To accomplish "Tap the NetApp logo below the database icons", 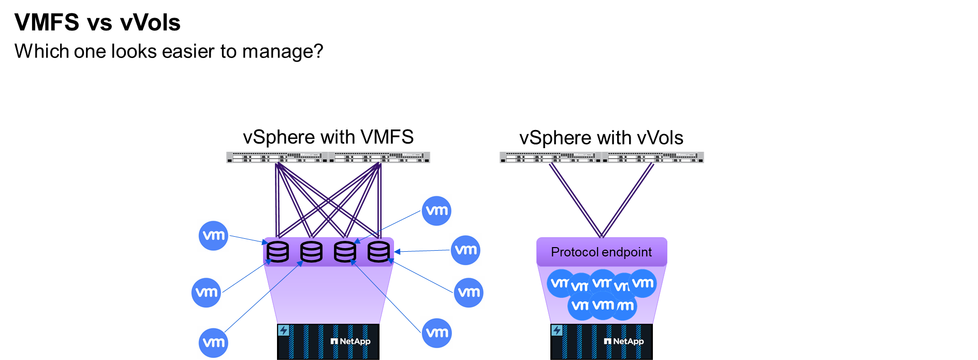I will tap(351, 341).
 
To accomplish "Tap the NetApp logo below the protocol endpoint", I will tap(624, 341).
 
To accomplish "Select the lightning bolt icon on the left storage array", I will tap(284, 330).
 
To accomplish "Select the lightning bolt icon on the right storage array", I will tap(557, 330).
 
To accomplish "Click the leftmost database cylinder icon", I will tap(278, 252).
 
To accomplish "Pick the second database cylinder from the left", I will tap(311, 252).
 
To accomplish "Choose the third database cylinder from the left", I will tap(345, 252).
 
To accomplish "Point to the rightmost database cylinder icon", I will tap(378, 252).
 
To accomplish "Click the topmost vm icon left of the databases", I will tap(213, 235).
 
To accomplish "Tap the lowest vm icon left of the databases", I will tap(213, 342).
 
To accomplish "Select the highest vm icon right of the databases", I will tap(436, 210).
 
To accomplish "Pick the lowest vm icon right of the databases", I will tap(436, 333).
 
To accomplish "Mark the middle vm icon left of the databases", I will tap(206, 292).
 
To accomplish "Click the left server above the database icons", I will tap(277, 157).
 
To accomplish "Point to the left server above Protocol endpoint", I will tap(550, 157).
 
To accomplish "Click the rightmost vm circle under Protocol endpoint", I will tap(643, 283).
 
